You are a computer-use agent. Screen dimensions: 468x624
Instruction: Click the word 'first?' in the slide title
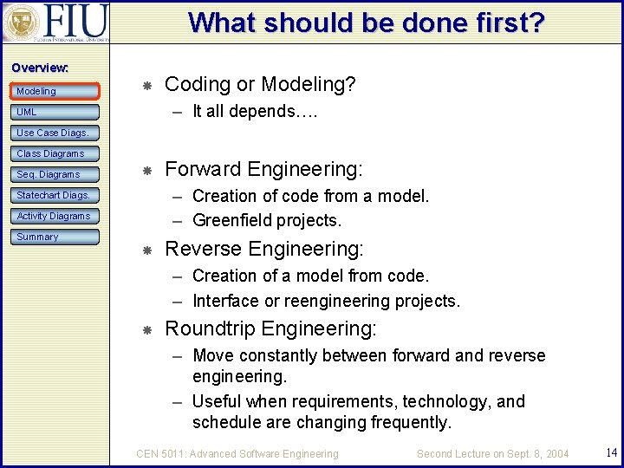(x=504, y=23)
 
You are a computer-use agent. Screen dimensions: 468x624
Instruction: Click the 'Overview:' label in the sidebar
(x=40, y=68)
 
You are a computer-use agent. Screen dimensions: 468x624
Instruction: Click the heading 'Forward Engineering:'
(x=263, y=169)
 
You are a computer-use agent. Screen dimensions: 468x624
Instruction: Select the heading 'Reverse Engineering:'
(x=263, y=249)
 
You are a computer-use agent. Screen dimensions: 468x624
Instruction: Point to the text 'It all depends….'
(x=255, y=111)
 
